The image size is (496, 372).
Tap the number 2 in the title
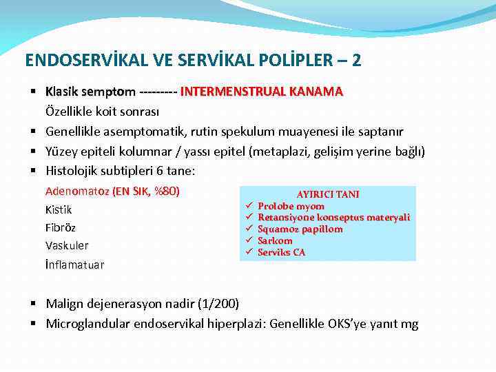355,61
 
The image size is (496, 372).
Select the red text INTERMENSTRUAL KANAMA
262,92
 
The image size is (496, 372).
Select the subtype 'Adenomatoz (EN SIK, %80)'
112,192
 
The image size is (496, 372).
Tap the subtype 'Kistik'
59,209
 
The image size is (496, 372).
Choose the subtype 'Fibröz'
61,227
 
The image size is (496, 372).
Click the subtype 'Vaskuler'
67,245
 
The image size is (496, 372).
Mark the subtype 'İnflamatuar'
74,264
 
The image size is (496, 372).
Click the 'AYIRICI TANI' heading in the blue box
328,195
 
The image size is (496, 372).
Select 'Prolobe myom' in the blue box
291,206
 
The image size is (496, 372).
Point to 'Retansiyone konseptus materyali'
333,218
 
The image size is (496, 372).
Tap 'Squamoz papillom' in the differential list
300,229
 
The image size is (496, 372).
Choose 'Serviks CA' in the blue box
281,252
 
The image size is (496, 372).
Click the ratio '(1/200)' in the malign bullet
218,304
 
